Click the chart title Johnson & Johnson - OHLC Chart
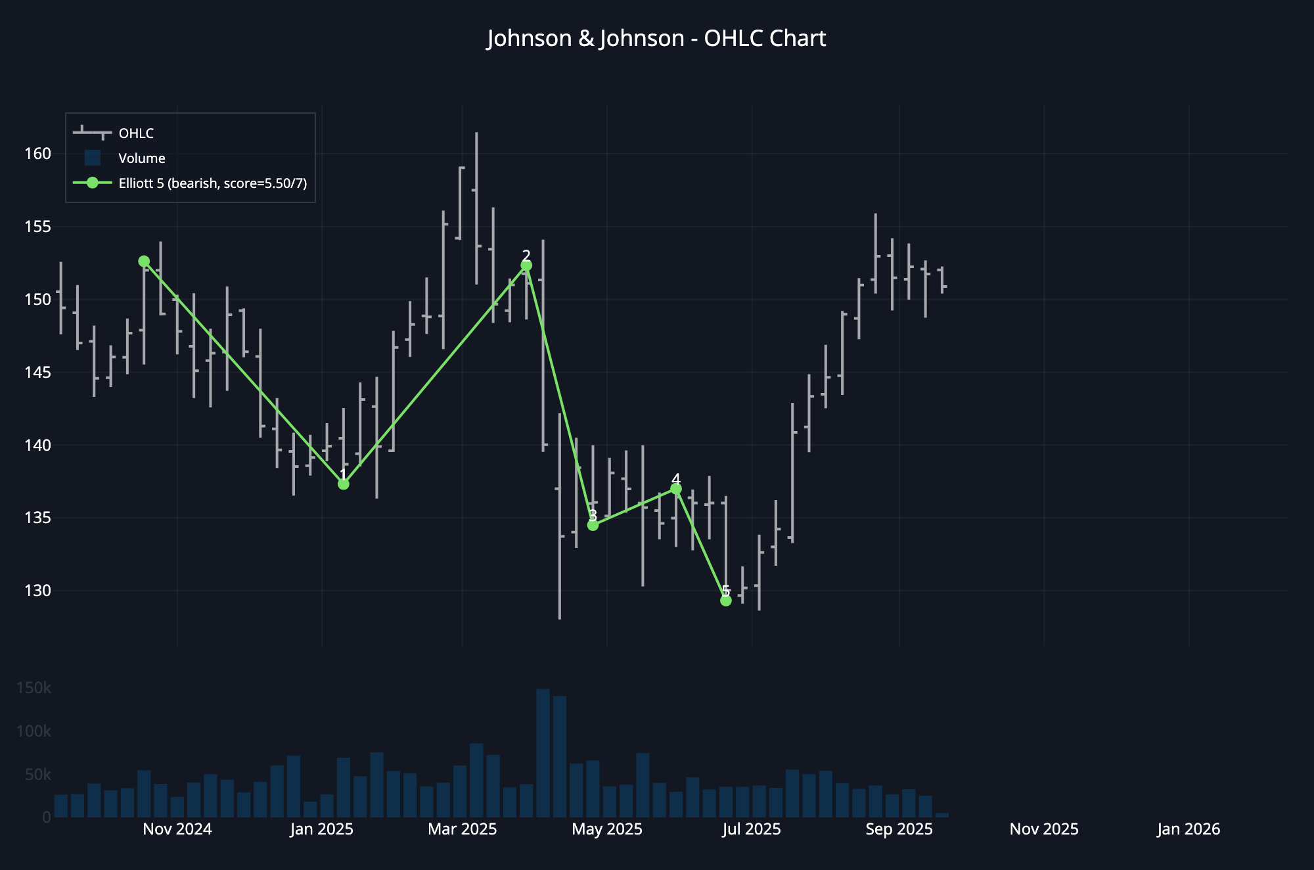656,38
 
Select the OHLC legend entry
136,133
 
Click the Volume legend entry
141,158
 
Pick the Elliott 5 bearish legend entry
212,183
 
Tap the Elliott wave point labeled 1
343,484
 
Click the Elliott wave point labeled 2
526,265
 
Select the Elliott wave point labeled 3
593,525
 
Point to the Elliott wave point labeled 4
676,489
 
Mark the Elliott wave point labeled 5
726,601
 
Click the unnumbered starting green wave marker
144,262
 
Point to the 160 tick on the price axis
37,154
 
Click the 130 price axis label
37,591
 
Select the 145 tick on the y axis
37,373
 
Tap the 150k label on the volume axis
34,688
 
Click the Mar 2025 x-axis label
462,829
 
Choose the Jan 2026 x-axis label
1188,829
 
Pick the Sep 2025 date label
899,829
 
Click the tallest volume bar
543,752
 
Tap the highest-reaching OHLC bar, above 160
476,197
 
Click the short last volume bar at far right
941,815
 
